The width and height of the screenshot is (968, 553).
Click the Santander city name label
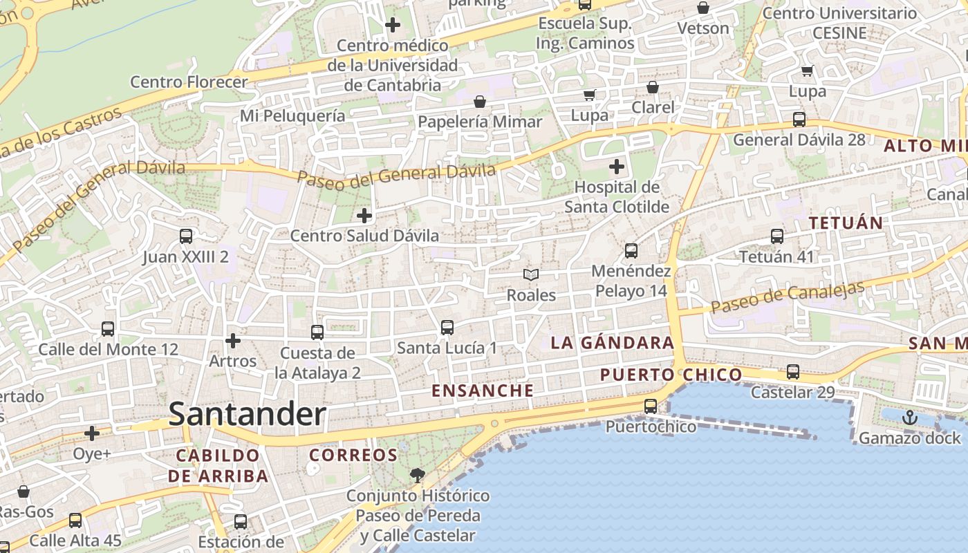click(x=247, y=414)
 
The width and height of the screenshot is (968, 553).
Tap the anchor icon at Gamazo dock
click(x=910, y=418)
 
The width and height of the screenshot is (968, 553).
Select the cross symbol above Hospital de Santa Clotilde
click(x=616, y=167)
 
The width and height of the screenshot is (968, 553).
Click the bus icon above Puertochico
click(x=651, y=406)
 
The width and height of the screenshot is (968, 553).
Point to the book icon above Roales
click(x=531, y=275)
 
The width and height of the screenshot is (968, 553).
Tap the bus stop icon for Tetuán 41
click(x=777, y=236)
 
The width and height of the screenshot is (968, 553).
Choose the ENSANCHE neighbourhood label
click(x=483, y=391)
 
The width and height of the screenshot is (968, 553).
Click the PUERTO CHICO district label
click(x=671, y=375)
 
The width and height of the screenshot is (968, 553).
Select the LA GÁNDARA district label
click(x=612, y=342)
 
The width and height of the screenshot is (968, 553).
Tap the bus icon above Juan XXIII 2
click(x=186, y=236)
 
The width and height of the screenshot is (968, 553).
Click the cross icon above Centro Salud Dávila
click(x=364, y=216)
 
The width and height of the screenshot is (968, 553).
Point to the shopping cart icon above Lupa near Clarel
click(x=589, y=95)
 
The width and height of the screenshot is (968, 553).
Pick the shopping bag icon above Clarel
click(x=652, y=87)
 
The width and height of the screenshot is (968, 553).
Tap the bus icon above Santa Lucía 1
click(x=447, y=328)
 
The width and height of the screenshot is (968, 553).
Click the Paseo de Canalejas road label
click(x=788, y=297)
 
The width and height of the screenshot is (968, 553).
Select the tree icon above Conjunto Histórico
click(x=417, y=475)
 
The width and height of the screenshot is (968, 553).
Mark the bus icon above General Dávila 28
click(x=799, y=119)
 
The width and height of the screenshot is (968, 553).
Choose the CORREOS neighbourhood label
click(x=353, y=455)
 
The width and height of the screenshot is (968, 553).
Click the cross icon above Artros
click(x=233, y=341)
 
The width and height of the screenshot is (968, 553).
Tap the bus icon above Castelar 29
click(x=793, y=372)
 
